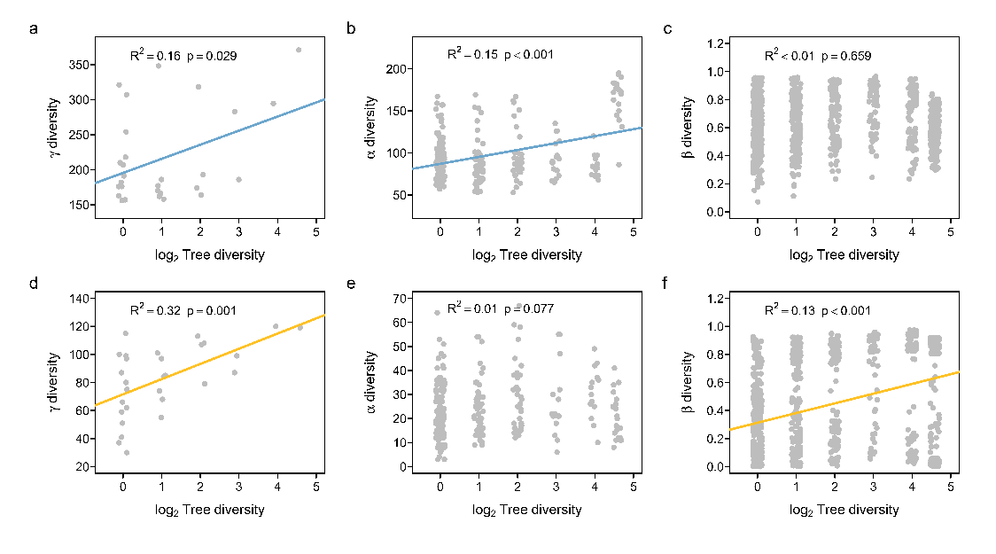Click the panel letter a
[x=34, y=29]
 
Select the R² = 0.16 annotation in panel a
[x=155, y=56]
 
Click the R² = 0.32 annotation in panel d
[x=155, y=310]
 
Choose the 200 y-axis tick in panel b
[x=394, y=69]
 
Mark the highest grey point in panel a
[x=299, y=50]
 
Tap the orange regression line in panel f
[x=842, y=401]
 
